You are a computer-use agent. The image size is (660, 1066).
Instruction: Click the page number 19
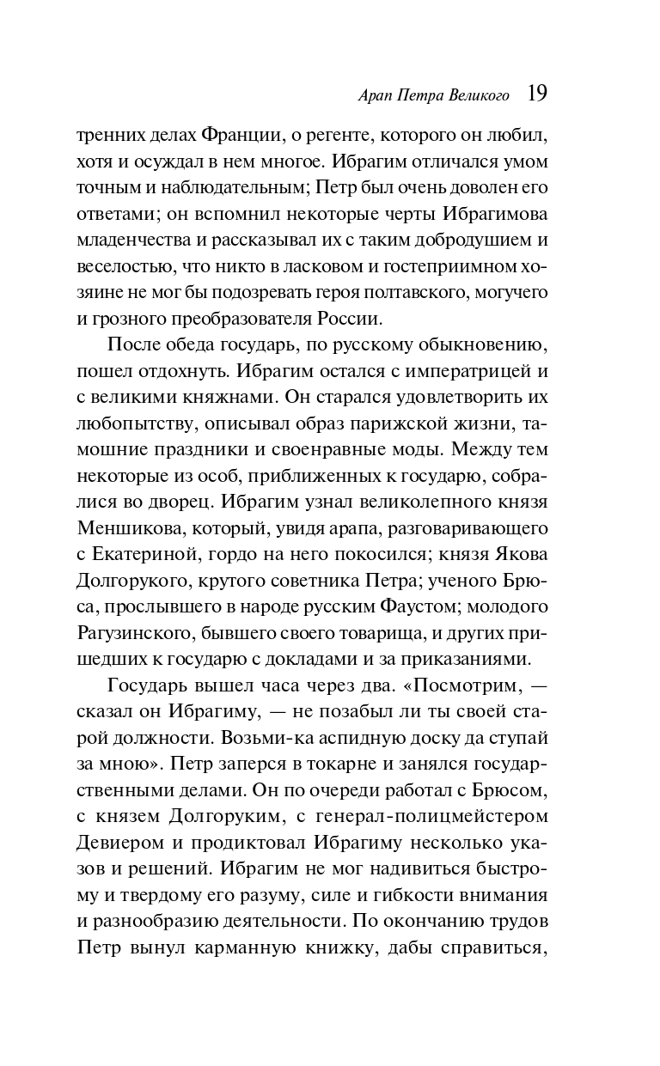(x=536, y=92)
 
